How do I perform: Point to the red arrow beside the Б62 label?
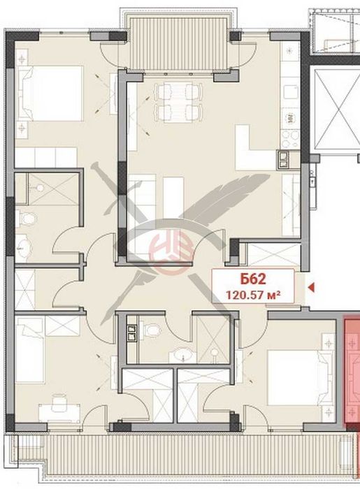click(x=312, y=286)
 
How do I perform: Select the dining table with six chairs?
click(x=172, y=101)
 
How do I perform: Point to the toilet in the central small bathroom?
click(x=152, y=329)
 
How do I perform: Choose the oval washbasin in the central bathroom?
click(x=183, y=353)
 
